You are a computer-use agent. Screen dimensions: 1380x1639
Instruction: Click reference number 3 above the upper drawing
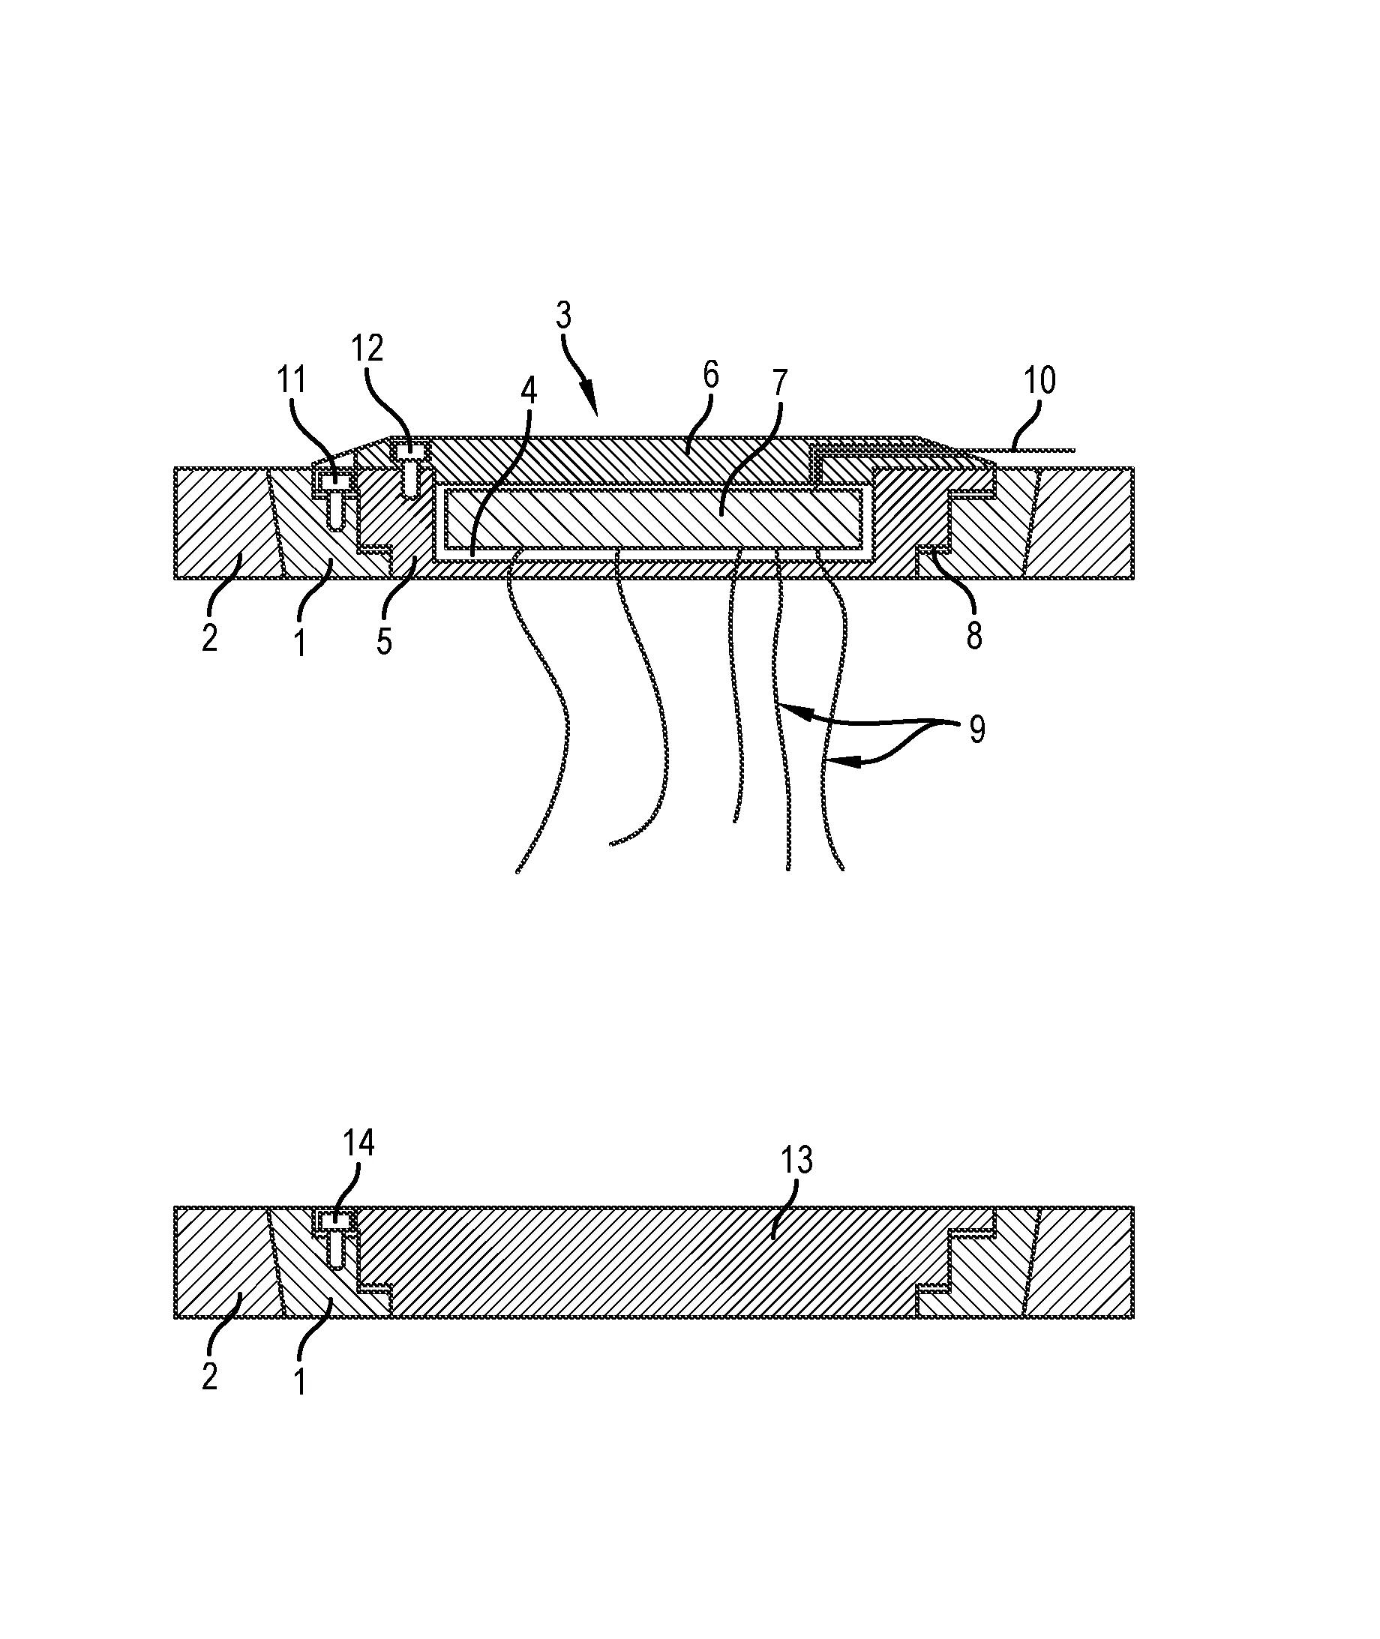pyautogui.click(x=564, y=316)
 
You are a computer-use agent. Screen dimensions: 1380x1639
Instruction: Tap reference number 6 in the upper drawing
pyautogui.click(x=710, y=376)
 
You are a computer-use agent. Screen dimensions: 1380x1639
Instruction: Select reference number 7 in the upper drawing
pyautogui.click(x=779, y=384)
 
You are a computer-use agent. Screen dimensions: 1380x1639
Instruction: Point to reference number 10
pyautogui.click(x=1039, y=381)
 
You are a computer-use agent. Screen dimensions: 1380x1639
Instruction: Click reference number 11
pyautogui.click(x=291, y=381)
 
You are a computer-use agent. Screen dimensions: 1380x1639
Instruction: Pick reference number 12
pyautogui.click(x=366, y=348)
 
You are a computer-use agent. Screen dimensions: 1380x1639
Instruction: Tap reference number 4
pyautogui.click(x=529, y=391)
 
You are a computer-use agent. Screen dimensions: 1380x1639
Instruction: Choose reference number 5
pyautogui.click(x=384, y=641)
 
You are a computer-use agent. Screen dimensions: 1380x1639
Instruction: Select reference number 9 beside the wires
pyautogui.click(x=977, y=730)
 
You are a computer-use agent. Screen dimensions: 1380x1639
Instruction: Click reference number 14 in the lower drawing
pyautogui.click(x=358, y=1143)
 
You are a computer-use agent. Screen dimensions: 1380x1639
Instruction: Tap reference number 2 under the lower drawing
pyautogui.click(x=210, y=1377)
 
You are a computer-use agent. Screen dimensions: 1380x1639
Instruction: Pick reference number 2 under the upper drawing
pyautogui.click(x=210, y=638)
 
